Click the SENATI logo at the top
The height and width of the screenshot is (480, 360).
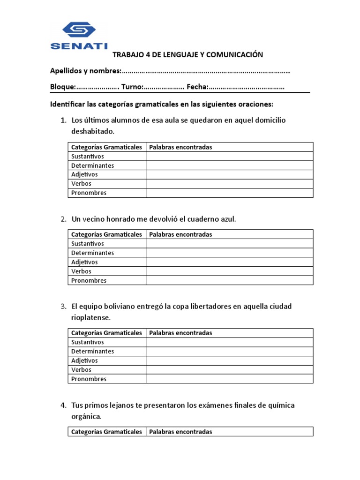pos(79,36)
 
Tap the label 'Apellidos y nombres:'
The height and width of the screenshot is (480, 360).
pos(85,71)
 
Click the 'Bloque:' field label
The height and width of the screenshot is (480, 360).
pos(62,87)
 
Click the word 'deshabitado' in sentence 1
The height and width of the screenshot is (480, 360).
pos(92,131)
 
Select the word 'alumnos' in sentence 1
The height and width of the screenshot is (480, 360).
pos(117,120)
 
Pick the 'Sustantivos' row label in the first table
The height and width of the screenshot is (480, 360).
pos(88,156)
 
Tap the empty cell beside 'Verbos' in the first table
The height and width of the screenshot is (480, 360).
pos(229,184)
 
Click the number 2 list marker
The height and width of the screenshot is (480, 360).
pos(63,219)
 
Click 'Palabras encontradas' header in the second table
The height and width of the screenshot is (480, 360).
pos(180,234)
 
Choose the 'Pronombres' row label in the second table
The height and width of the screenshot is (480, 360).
pos(89,280)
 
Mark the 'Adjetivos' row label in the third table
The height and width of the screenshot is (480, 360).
pos(85,360)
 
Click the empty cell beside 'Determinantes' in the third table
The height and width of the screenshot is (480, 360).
pos(229,351)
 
